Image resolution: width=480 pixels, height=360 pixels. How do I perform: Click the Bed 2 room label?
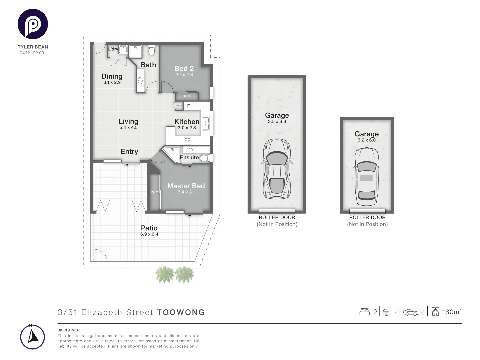click(x=184, y=69)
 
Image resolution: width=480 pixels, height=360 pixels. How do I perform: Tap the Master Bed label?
click(x=186, y=186)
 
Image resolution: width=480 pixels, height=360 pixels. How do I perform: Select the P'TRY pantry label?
click(x=179, y=106)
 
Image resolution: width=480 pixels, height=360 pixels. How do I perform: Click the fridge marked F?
click(x=188, y=106)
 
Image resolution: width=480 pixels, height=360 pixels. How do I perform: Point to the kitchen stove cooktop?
click(x=187, y=141)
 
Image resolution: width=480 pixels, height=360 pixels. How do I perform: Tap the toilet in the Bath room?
click(x=152, y=51)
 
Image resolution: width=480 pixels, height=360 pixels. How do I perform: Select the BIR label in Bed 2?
click(x=187, y=97)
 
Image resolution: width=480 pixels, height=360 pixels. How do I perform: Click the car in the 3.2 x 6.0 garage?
click(x=367, y=177)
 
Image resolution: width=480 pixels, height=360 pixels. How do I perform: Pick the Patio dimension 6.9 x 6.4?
click(x=149, y=234)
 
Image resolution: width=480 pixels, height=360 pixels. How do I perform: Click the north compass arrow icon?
click(x=32, y=337)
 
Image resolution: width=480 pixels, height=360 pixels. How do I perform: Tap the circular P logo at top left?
click(x=33, y=24)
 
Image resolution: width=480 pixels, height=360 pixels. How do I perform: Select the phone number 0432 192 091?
click(x=33, y=53)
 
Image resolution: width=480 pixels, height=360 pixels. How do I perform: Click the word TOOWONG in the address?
click(x=181, y=312)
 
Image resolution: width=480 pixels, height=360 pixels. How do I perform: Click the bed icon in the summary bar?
click(x=364, y=312)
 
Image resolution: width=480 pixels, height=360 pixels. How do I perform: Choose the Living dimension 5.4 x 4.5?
click(x=128, y=127)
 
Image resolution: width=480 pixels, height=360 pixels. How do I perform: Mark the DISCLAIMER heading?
click(x=68, y=330)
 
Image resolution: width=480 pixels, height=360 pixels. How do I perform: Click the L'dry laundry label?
click(x=113, y=49)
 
